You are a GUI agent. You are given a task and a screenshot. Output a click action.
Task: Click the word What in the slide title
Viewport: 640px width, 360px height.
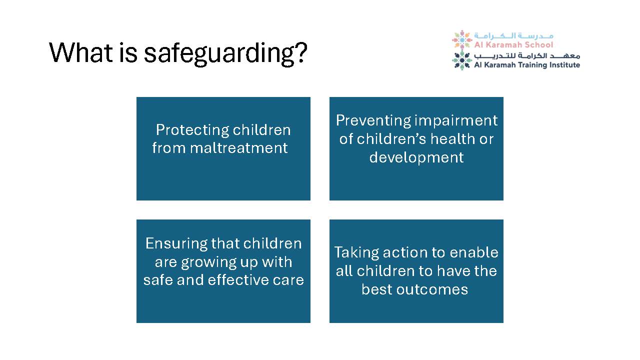point(81,52)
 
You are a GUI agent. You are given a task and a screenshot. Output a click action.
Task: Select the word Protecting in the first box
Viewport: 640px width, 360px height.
point(192,130)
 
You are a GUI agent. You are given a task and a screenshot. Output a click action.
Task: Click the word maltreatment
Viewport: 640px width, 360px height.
point(238,148)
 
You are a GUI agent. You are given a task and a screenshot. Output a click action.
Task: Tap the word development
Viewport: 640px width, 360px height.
point(416,157)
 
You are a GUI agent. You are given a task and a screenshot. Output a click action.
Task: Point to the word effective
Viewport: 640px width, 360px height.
point(238,280)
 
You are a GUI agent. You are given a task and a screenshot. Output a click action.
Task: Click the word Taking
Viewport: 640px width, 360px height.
point(356,253)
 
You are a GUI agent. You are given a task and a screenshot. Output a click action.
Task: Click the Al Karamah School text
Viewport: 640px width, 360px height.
point(513,45)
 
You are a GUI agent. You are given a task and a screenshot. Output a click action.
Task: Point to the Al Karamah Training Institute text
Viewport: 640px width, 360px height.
point(527,65)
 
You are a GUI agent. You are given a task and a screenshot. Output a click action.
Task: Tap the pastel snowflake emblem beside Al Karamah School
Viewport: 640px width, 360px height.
point(461,39)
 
